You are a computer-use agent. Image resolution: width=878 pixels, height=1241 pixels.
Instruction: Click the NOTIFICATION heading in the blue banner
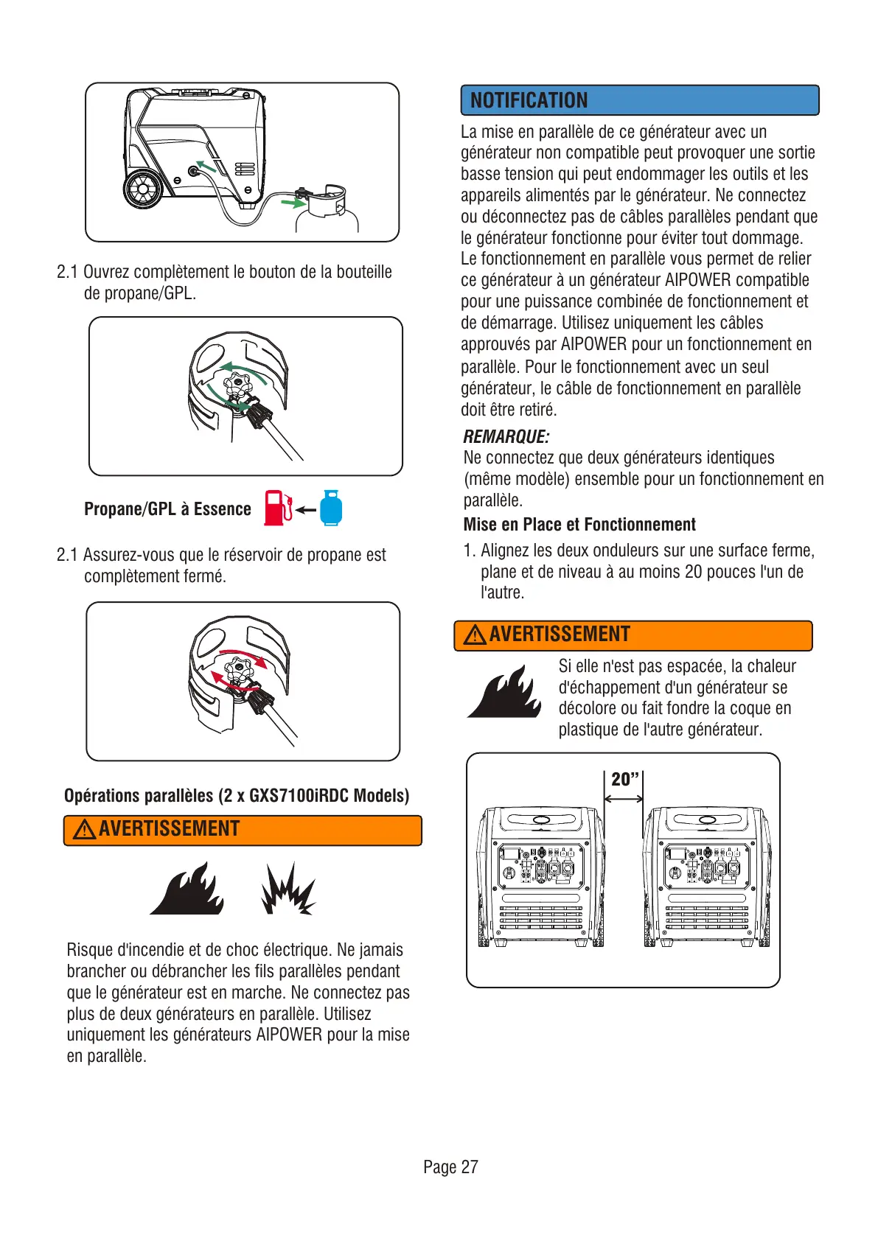pyautogui.click(x=529, y=100)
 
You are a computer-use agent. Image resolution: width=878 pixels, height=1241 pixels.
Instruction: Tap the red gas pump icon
pyautogui.click(x=277, y=508)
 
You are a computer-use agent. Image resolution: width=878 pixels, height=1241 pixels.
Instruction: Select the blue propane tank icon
pyautogui.click(x=331, y=508)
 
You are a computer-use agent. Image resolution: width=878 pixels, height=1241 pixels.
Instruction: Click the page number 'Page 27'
pyautogui.click(x=450, y=1167)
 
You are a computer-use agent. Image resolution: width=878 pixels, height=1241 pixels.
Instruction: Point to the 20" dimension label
pyautogui.click(x=624, y=779)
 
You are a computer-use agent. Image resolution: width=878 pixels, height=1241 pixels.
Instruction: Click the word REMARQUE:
pyautogui.click(x=506, y=437)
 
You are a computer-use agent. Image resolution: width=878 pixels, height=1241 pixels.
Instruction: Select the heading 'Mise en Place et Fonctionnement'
pyautogui.click(x=579, y=525)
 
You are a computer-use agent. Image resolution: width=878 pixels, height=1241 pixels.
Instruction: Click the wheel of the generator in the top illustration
pyautogui.click(x=142, y=189)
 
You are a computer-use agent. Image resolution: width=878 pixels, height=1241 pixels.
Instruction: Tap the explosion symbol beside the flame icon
pyautogui.click(x=288, y=889)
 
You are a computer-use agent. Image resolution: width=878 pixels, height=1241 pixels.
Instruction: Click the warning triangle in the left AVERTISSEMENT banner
pyautogui.click(x=85, y=831)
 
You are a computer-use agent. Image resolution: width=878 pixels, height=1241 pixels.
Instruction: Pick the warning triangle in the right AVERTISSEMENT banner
pyautogui.click(x=475, y=635)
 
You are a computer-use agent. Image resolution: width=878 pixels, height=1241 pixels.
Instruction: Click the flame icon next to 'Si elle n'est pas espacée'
pyautogui.click(x=505, y=693)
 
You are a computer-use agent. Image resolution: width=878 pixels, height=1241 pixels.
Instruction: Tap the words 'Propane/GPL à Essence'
pyautogui.click(x=167, y=509)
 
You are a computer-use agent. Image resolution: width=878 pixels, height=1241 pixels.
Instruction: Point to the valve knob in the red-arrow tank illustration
pyautogui.click(x=238, y=671)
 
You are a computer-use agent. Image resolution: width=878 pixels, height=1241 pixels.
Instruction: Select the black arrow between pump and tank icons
pyautogui.click(x=306, y=509)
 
